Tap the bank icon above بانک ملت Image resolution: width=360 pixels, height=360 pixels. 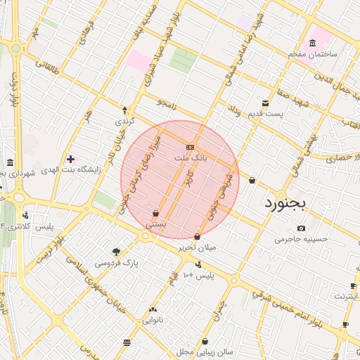[x=191, y=147]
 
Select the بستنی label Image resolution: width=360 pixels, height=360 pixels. [x=155, y=223]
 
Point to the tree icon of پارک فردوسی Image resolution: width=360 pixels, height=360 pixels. [x=116, y=252]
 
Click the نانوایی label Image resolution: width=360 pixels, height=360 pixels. [x=154, y=320]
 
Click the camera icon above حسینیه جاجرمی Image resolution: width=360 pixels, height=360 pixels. [x=302, y=228]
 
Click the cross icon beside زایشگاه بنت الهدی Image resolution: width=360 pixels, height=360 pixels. [x=70, y=159]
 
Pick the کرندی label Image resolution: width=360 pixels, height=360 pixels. [x=124, y=121]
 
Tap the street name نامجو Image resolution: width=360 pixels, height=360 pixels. [x=166, y=103]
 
